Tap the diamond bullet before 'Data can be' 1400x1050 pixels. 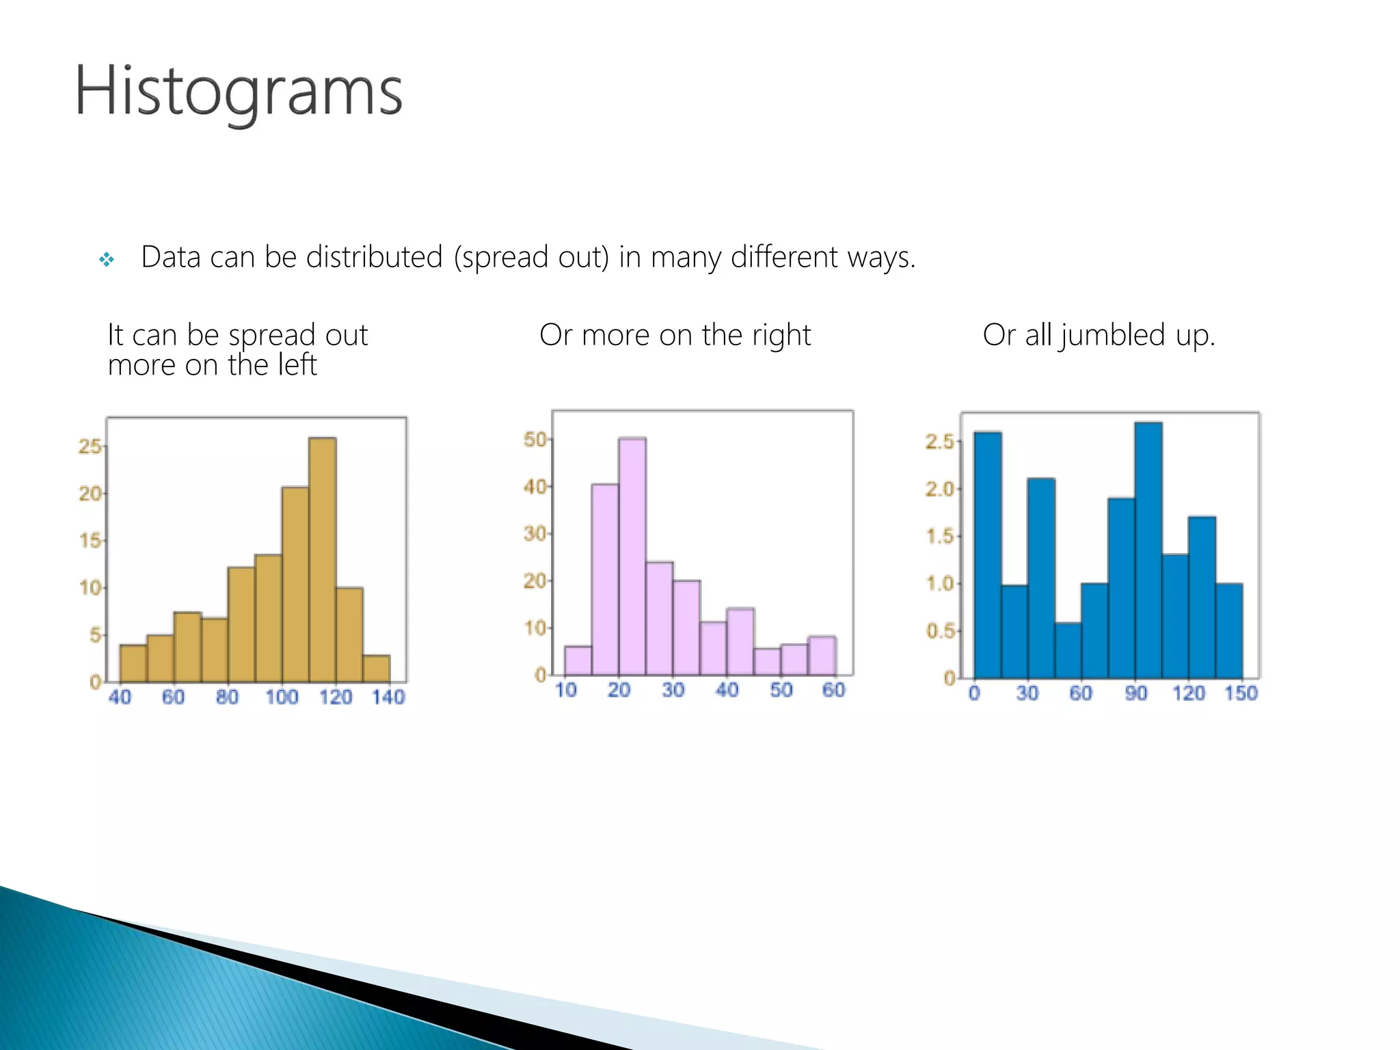click(x=107, y=259)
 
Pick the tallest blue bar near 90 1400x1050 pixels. click(x=1148, y=550)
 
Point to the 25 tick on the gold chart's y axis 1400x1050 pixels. click(x=90, y=446)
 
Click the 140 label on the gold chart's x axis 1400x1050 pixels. click(x=388, y=697)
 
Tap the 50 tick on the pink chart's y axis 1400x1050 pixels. click(x=535, y=440)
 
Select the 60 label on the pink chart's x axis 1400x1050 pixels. click(x=833, y=690)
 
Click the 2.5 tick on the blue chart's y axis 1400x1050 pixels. click(x=939, y=442)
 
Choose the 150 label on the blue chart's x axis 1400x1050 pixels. click(x=1241, y=693)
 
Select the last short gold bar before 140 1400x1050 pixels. click(x=376, y=669)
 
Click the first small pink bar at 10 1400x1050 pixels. click(x=578, y=660)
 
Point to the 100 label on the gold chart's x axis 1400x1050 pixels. click(x=282, y=697)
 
